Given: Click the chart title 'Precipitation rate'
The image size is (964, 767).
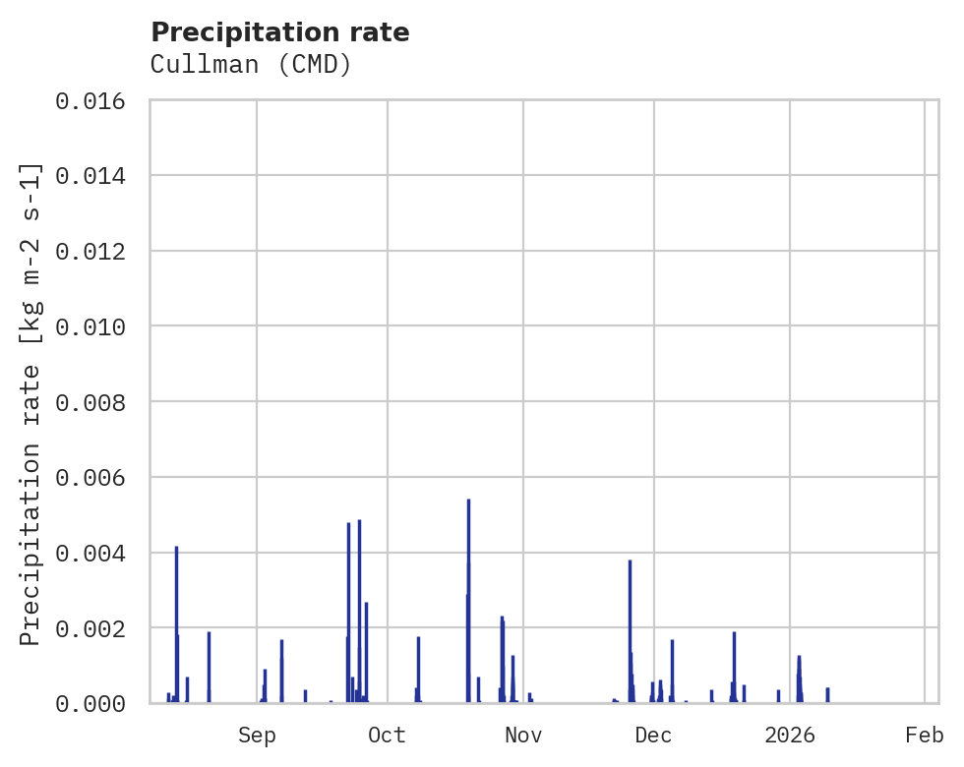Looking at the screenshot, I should (x=280, y=32).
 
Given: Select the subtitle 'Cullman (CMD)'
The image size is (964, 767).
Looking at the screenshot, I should (x=251, y=65).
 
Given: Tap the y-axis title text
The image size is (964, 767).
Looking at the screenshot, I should (x=30, y=402).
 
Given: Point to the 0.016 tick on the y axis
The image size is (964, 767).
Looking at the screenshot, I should (x=96, y=101).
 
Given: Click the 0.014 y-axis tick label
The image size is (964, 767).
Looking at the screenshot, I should (x=96, y=176).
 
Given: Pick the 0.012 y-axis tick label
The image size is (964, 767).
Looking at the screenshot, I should (x=96, y=252).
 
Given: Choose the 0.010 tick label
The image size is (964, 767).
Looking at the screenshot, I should (x=96, y=326).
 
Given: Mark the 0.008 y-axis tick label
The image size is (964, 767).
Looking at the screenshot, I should (x=96, y=402).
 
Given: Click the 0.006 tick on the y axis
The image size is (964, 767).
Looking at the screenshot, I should (x=96, y=477).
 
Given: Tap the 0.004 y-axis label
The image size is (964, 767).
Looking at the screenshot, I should (x=96, y=553).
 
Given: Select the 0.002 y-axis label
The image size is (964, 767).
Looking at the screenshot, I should (x=96, y=627).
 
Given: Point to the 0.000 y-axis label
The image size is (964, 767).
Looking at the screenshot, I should (x=96, y=703).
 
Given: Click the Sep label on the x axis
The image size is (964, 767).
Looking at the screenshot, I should (x=257, y=735).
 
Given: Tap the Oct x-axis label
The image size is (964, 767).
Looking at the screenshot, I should (x=388, y=735).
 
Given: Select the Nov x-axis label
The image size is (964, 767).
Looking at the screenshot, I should (x=522, y=735).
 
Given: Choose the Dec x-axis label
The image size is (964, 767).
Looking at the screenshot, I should (x=654, y=735).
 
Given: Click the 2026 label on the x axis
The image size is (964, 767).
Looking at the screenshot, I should (x=790, y=735).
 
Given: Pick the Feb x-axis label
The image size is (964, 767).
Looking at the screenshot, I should (x=925, y=735).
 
